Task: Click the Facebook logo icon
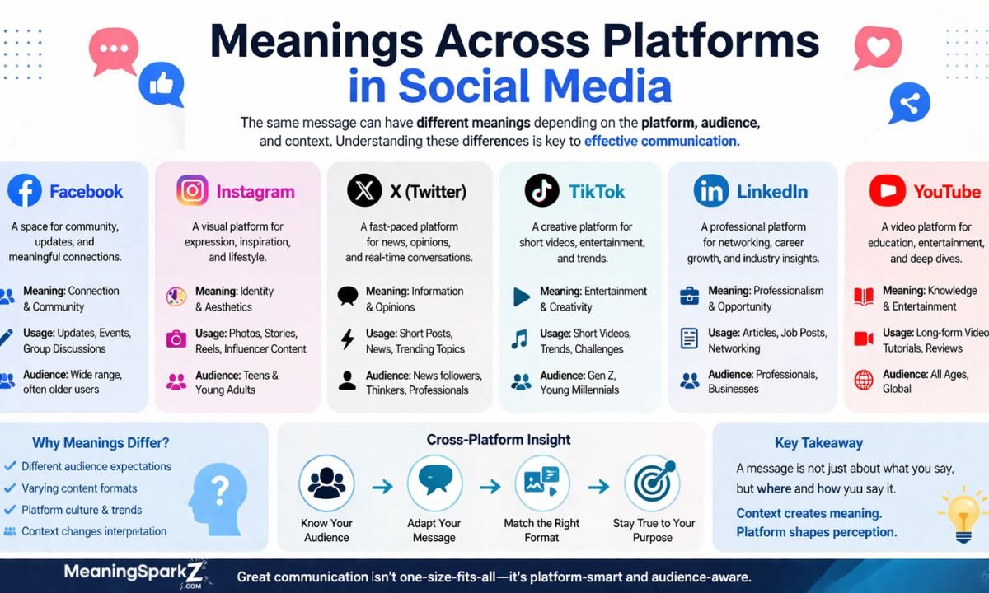tap(25, 191)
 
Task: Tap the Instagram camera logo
tap(192, 191)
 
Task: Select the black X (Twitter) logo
tap(363, 191)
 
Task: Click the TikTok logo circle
tap(541, 191)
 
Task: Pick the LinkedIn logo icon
tap(710, 191)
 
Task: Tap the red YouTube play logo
tap(887, 191)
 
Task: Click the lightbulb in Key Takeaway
tap(963, 512)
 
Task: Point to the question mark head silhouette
tap(218, 494)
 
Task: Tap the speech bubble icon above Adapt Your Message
tap(434, 483)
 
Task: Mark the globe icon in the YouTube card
tap(864, 380)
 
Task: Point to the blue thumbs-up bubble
tap(161, 85)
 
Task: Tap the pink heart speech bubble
tap(877, 47)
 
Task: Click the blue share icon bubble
tap(910, 104)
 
